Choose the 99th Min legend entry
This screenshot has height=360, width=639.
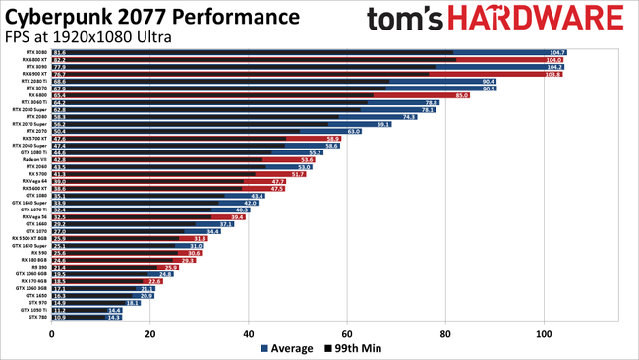tap(357, 348)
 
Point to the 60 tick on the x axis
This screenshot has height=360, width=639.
tap(348, 333)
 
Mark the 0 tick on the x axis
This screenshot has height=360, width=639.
tap(52, 333)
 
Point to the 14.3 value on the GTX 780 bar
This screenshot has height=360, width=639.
tap(114, 318)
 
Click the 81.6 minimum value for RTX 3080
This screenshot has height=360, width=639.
tap(60, 52)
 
